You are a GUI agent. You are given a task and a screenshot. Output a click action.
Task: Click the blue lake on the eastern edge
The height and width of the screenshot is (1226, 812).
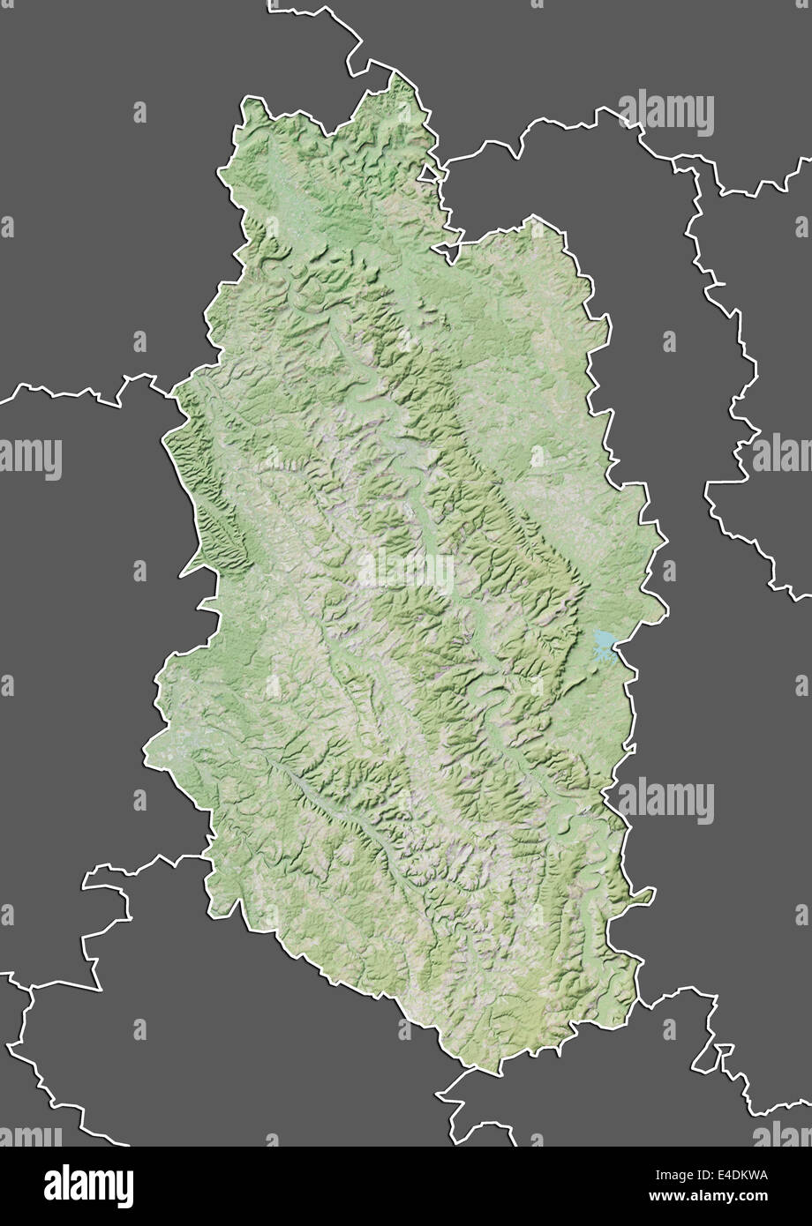point(604,644)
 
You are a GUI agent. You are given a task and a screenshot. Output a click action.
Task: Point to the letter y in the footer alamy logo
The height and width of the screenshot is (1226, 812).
point(126,1185)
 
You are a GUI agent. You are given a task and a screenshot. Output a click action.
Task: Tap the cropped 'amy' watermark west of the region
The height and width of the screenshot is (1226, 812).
point(30,457)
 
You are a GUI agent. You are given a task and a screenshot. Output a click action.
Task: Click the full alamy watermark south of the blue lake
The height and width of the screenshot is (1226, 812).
point(665,801)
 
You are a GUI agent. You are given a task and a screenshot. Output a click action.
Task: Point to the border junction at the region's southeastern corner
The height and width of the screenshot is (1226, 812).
point(637,997)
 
